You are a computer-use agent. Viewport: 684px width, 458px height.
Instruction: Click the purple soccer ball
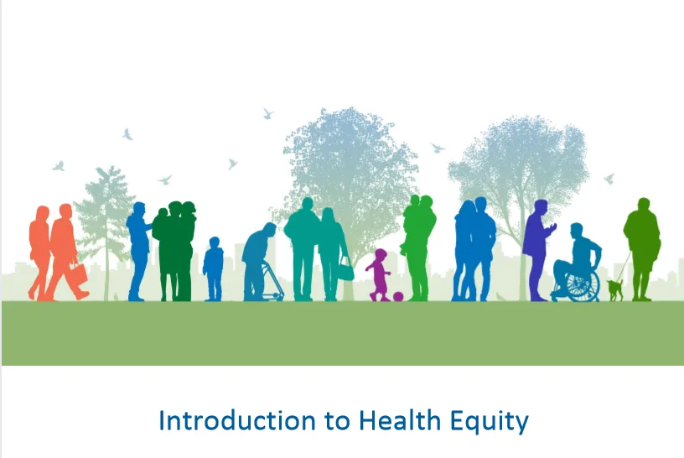point(397,296)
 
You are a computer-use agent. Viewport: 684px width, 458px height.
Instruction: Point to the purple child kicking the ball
point(379,273)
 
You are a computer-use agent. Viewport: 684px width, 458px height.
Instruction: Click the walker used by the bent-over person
point(272,281)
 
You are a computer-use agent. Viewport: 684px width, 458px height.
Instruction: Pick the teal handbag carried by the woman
point(345,270)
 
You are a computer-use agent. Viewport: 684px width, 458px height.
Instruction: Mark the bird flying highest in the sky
point(268,112)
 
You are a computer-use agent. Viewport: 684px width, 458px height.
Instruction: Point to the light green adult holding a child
point(417,247)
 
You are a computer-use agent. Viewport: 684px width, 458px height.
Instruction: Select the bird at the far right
point(609,178)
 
